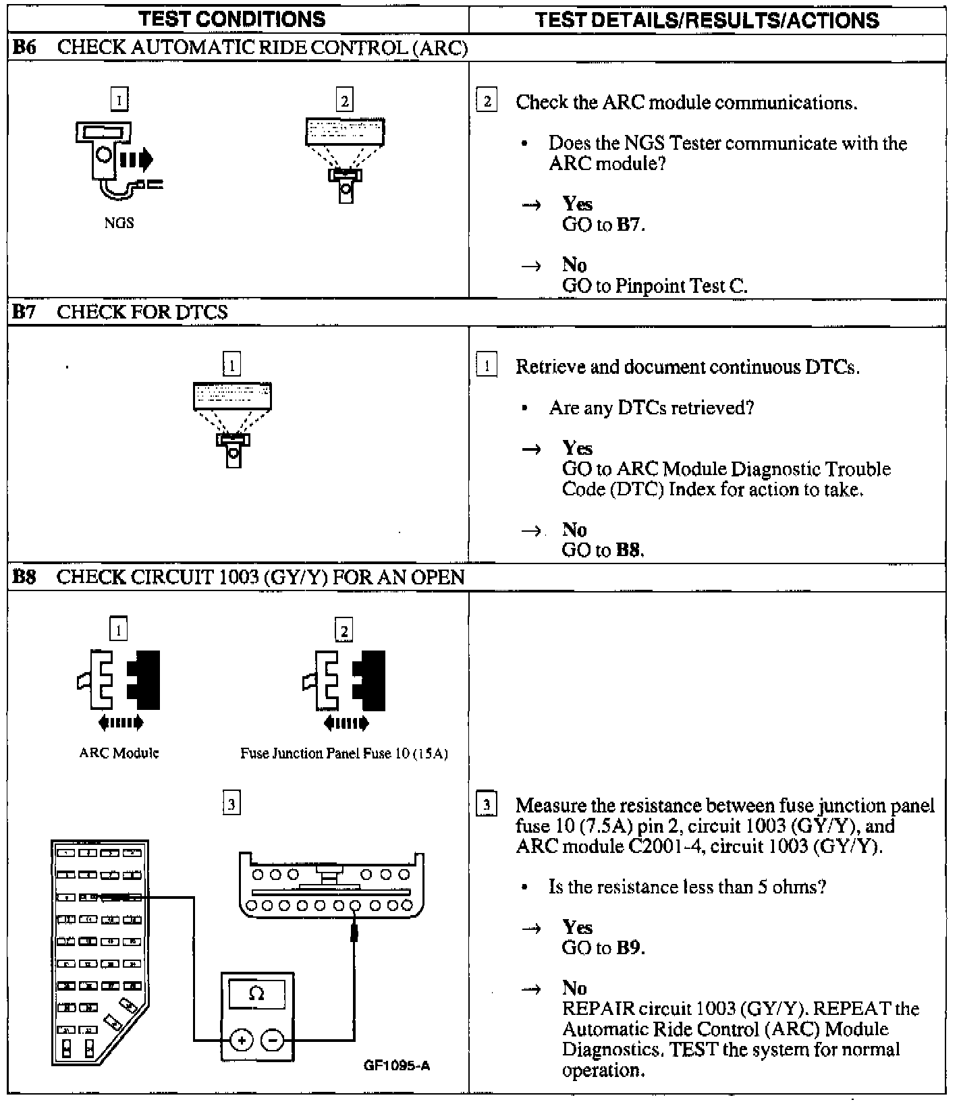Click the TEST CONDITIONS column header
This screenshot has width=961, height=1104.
point(232,20)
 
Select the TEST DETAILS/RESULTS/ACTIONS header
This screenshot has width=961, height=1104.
point(707,20)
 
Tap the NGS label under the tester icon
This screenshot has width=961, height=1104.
point(119,223)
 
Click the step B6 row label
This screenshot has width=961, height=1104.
point(24,48)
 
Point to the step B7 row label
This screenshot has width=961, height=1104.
point(24,312)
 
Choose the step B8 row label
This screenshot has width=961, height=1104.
point(24,578)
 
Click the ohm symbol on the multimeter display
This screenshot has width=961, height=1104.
point(256,993)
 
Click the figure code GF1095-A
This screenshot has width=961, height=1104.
point(397,1066)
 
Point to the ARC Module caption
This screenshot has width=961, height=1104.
point(119,753)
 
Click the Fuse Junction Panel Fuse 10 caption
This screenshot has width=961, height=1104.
point(344,754)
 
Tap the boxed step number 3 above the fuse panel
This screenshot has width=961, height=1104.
point(231,804)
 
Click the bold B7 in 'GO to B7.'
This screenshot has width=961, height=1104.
point(628,225)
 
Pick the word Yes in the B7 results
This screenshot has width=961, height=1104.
point(577,449)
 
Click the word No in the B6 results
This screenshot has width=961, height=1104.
point(574,265)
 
